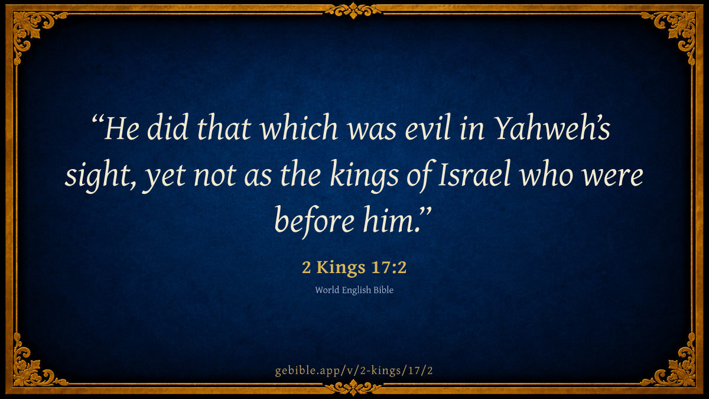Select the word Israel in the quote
pos(474,175)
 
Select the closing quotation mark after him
pos(425,212)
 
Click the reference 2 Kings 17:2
pos(354,267)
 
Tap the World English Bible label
pos(354,290)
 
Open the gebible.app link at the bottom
pos(354,371)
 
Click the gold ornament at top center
pos(353,11)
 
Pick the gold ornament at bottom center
pos(353,388)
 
